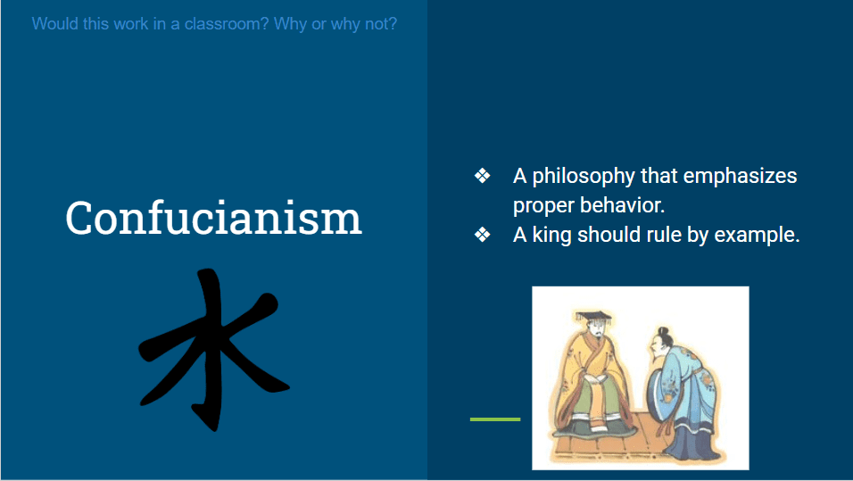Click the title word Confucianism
[x=213, y=219]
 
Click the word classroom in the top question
[x=226, y=24]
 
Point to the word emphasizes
[x=740, y=177]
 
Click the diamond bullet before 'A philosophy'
[x=482, y=176]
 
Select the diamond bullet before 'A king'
[x=482, y=235]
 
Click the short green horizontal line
[x=495, y=419]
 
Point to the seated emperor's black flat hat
[x=593, y=317]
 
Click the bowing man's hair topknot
[x=662, y=331]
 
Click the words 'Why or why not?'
[x=335, y=24]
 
